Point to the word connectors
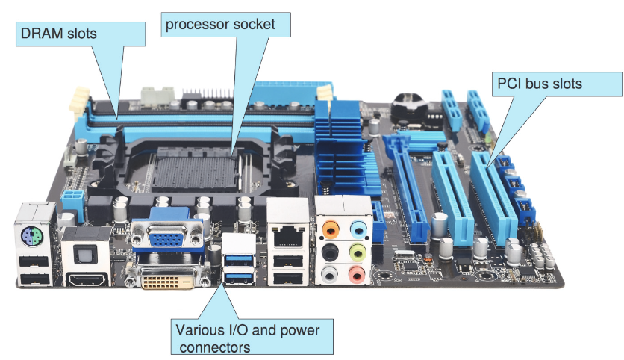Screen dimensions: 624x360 tap(215, 347)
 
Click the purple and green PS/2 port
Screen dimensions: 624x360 tap(32, 237)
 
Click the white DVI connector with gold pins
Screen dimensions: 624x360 tap(167, 278)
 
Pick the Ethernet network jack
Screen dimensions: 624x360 tap(288, 237)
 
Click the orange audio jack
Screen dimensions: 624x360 tap(331, 229)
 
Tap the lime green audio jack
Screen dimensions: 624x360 tap(358, 252)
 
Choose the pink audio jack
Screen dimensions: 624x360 tap(357, 274)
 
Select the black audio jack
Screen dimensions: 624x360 tap(331, 252)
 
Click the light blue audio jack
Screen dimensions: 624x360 tap(358, 229)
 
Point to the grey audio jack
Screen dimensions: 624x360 tap(330, 274)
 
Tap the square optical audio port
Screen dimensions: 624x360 tap(86, 253)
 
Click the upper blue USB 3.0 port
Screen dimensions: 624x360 tap(239, 260)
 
